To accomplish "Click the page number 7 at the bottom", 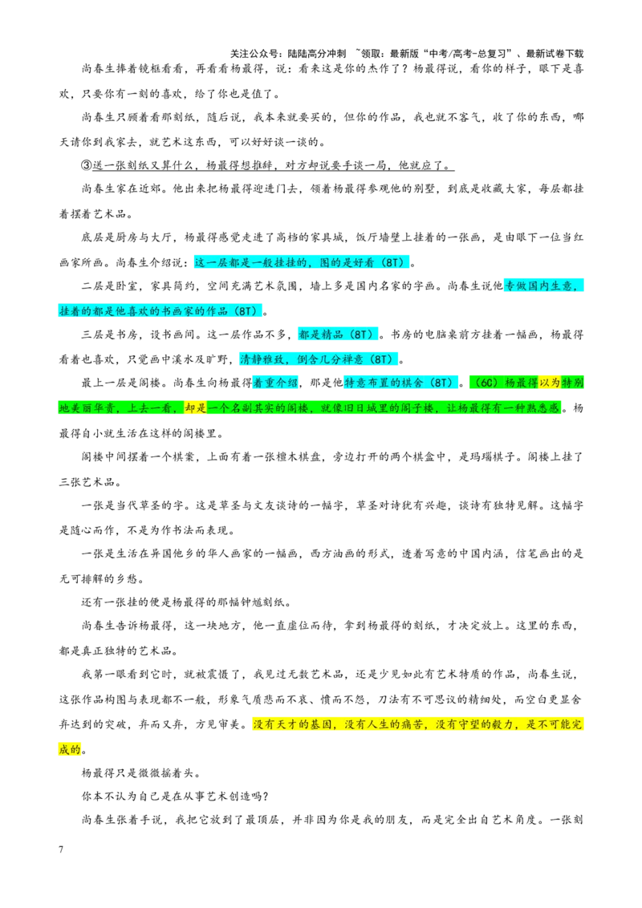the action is (x=62, y=849).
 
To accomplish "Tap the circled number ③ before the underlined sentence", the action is (x=87, y=165).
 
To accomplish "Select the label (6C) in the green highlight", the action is (x=486, y=383).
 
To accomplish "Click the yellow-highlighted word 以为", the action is (x=550, y=383).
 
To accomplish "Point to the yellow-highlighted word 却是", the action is (x=196, y=408).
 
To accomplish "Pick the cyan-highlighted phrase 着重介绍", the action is (x=276, y=383).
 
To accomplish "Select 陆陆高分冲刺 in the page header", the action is (x=317, y=54).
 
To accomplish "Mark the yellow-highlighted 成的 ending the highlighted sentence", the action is (x=70, y=750).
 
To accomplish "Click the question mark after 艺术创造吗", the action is (x=266, y=797).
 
